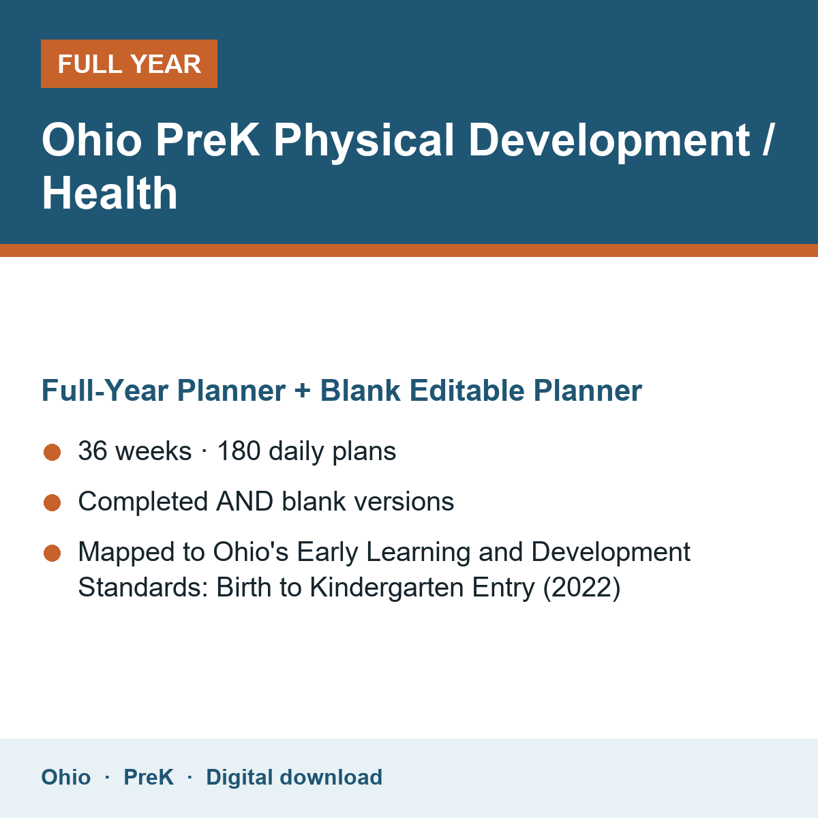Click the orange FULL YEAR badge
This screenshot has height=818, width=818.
point(129,63)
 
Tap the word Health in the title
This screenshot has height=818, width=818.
point(110,194)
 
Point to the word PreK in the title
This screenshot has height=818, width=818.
point(208,140)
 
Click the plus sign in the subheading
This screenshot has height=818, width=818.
point(303,391)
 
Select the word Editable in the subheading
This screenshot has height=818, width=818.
point(467,390)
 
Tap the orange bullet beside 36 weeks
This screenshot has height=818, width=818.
point(52,452)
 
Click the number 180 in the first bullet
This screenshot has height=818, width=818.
point(239,451)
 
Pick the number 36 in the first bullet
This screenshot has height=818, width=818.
point(93,451)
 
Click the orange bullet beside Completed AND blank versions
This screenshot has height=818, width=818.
point(52,502)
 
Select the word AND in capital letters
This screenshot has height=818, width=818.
point(245,501)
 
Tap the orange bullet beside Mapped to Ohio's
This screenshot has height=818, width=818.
point(52,553)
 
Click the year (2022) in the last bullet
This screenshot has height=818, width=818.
point(582,588)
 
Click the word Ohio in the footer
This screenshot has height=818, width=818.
point(66,777)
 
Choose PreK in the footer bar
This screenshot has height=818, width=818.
point(149,777)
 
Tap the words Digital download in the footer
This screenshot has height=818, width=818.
point(294,778)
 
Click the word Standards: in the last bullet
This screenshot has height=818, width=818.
point(143,588)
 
